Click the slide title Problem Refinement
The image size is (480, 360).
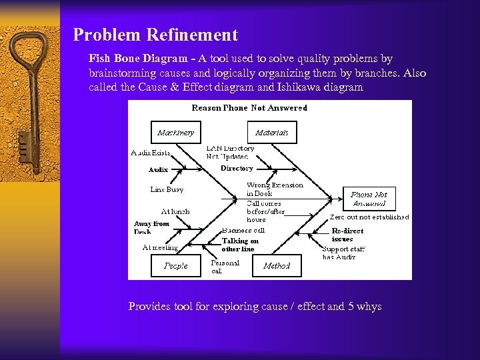coord(155,35)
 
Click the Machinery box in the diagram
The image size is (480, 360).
coord(176,133)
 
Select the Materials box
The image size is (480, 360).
coord(272,133)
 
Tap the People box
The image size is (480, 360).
coord(176,265)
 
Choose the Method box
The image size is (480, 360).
coord(277,265)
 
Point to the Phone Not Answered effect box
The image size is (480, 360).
coord(369,199)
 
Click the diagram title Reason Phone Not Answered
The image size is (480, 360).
coord(249,108)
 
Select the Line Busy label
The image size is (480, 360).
coord(167,189)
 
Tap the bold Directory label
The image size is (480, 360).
coord(237,169)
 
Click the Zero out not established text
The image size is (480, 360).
coord(369,217)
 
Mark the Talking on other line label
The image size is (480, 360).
coord(240,245)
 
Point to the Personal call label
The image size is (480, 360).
coord(225,267)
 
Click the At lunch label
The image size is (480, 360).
coord(175,211)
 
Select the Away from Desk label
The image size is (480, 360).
coord(151,227)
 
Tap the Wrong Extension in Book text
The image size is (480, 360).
coord(275,189)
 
